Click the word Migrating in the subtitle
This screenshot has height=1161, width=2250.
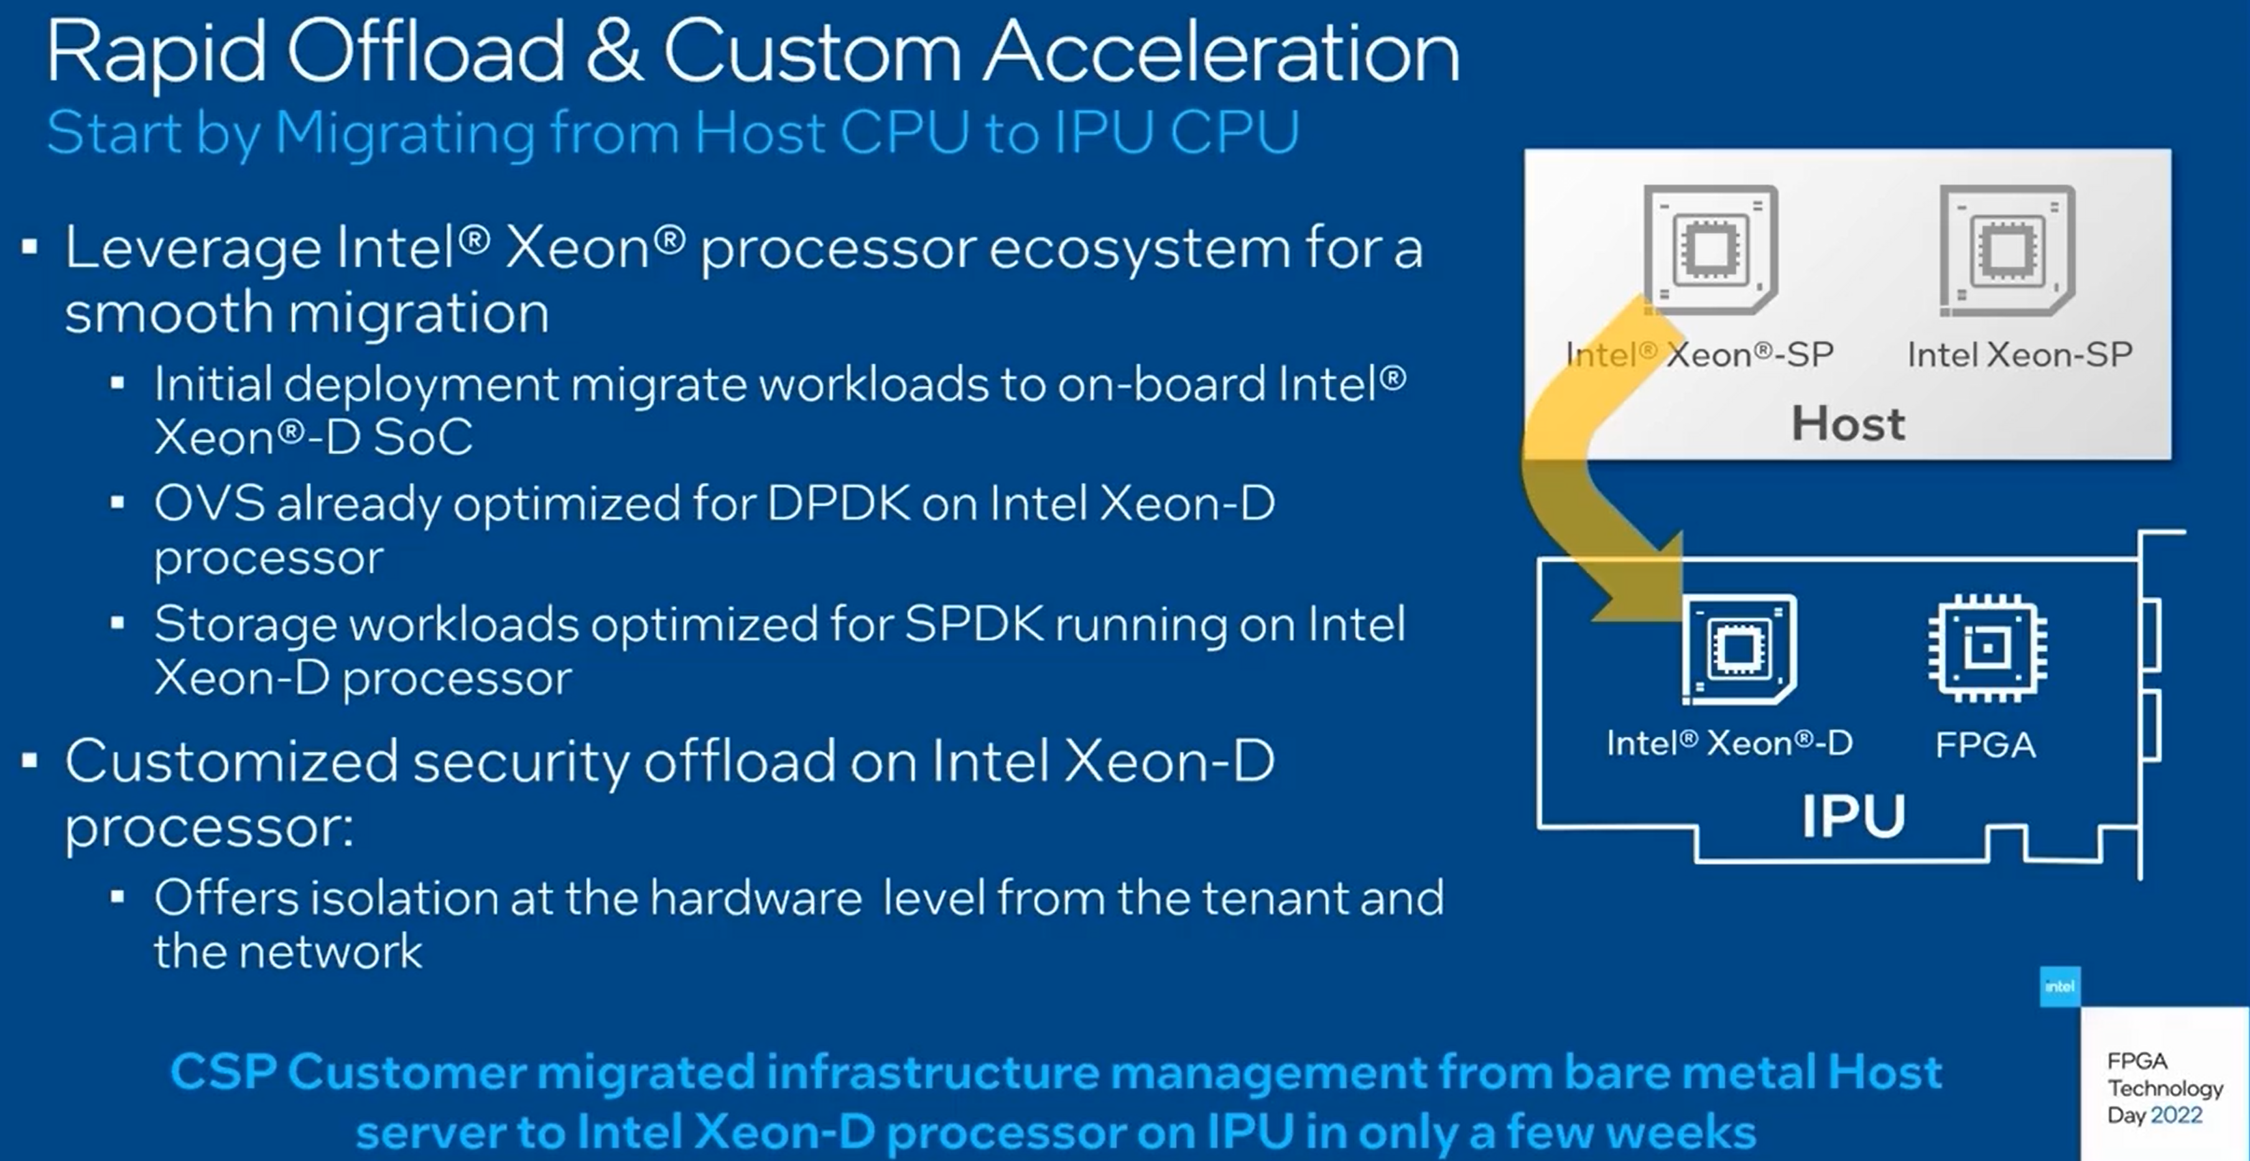pos(404,134)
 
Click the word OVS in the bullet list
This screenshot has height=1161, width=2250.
pos(210,503)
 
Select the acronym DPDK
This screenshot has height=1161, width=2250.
pos(839,503)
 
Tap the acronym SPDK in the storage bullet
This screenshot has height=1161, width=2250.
pos(974,624)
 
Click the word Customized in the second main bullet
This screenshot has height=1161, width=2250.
pos(231,761)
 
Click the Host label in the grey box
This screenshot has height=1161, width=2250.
pos(1848,424)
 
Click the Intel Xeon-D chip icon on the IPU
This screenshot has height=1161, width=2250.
pos(1739,648)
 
